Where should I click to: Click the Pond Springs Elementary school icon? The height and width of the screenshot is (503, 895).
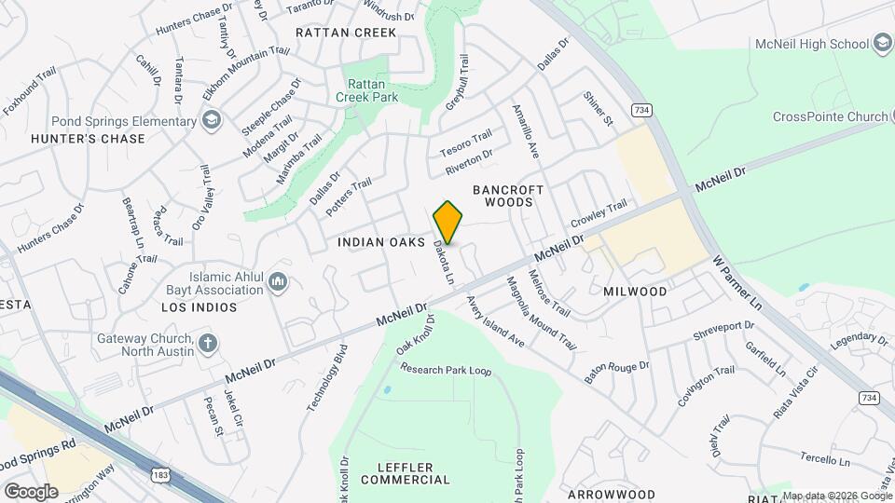pyautogui.click(x=213, y=121)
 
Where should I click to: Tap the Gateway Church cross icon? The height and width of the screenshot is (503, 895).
pyautogui.click(x=208, y=345)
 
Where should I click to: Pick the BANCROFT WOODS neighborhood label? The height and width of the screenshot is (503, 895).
pyautogui.click(x=508, y=197)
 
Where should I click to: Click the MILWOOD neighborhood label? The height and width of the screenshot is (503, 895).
pyautogui.click(x=635, y=292)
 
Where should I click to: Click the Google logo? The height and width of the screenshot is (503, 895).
pyautogui.click(x=31, y=491)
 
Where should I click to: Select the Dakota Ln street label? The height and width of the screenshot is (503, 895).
pyautogui.click(x=444, y=264)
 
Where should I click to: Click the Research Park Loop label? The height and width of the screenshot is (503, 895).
pyautogui.click(x=446, y=370)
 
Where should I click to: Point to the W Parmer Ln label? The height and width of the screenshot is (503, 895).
pyautogui.click(x=737, y=285)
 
